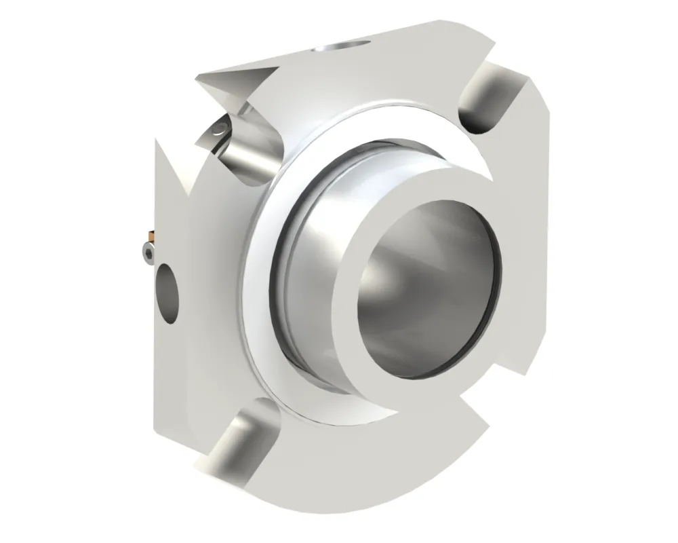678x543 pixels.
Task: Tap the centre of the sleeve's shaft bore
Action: tap(427, 282)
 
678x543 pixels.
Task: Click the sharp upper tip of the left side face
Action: tap(157, 140)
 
